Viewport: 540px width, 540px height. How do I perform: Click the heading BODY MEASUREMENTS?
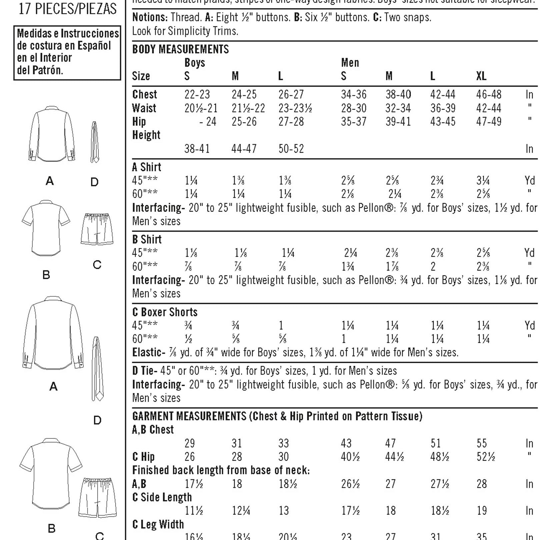coord(180,49)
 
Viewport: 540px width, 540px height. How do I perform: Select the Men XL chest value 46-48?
coord(489,94)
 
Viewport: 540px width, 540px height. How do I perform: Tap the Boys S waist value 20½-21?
coord(201,108)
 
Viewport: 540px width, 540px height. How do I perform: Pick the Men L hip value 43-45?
coord(443,121)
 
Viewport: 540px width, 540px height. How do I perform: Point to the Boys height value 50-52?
coord(291,148)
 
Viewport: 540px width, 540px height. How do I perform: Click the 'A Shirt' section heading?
coord(147,167)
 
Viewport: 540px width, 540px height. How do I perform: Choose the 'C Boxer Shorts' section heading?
coord(165,312)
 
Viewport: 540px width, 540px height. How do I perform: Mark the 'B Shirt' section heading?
coord(147,239)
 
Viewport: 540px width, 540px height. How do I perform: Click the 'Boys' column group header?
coord(195,63)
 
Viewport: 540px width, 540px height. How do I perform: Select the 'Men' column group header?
coord(350,63)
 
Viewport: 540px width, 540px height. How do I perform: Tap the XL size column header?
coord(481,76)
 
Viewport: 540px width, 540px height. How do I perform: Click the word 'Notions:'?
coord(150,17)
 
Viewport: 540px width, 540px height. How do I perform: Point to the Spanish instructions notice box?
coord(67,53)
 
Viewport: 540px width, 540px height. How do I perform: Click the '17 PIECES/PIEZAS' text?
coord(68,9)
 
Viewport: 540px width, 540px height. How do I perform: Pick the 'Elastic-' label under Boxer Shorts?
coord(149,352)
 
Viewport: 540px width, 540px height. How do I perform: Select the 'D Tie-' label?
coord(145,370)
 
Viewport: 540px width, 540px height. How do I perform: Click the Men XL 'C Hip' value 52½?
coord(486,457)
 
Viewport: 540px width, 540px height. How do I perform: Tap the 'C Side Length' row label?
coord(162,497)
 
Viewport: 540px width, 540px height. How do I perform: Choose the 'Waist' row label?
coord(144,108)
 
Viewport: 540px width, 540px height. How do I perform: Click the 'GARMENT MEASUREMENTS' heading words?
coord(189,416)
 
